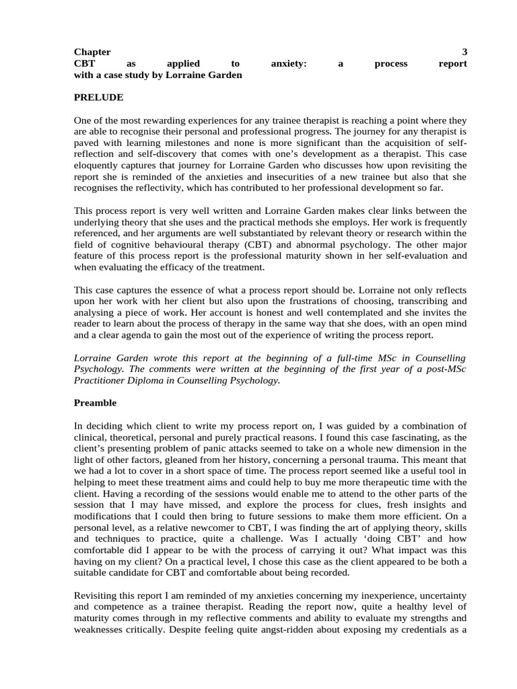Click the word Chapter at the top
[x=92, y=52]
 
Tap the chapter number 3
[x=464, y=52]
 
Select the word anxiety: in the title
[x=289, y=64]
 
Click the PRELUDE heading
[x=98, y=98]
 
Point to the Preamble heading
[x=95, y=403]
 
